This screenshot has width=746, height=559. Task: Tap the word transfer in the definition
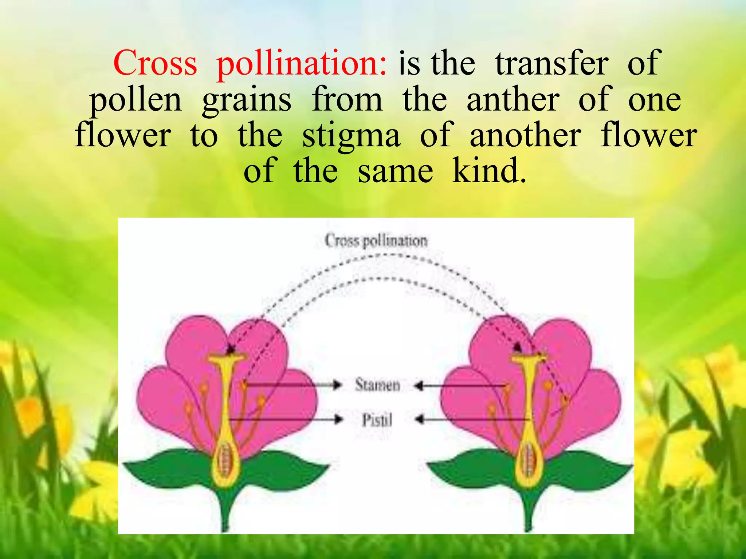click(x=551, y=64)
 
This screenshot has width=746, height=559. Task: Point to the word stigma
click(x=351, y=136)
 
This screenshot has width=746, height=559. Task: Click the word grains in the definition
click(x=247, y=101)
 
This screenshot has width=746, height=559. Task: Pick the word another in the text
click(x=525, y=135)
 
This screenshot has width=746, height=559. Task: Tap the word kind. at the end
click(x=489, y=170)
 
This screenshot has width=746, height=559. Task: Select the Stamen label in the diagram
click(x=377, y=385)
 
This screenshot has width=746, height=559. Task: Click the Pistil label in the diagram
click(x=377, y=420)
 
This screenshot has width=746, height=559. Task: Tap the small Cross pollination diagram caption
click(x=376, y=241)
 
